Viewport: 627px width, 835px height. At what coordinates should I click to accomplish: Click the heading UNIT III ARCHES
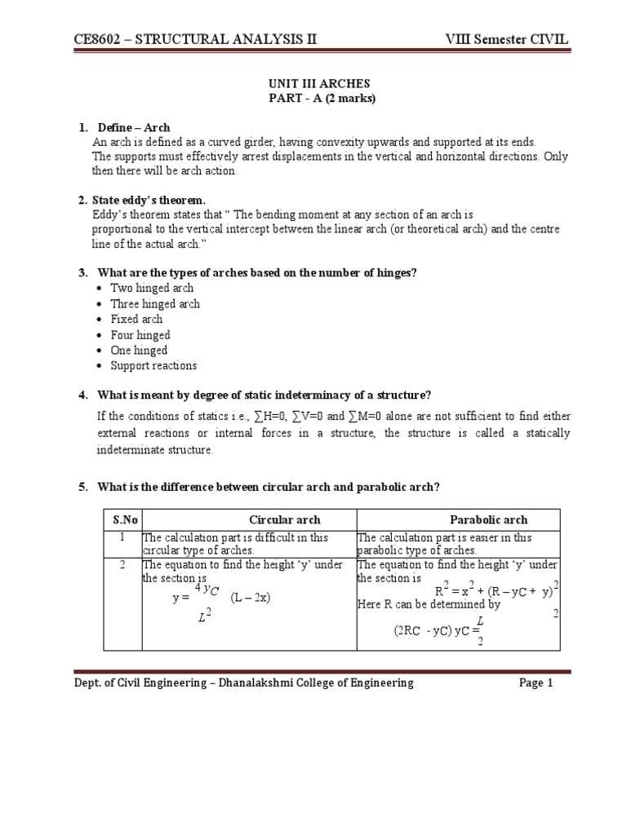coord(313,84)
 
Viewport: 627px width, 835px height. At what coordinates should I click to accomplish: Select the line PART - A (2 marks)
coord(313,99)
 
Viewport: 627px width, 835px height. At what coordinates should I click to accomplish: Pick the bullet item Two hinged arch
coord(152,289)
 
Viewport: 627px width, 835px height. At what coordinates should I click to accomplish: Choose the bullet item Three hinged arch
coord(155,304)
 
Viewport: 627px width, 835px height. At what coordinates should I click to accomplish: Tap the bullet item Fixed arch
coord(136,320)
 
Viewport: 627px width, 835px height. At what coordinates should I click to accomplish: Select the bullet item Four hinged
coord(140,335)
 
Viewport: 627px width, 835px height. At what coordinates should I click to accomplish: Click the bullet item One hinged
coord(139,351)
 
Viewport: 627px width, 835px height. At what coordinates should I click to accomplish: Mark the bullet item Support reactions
coord(153,366)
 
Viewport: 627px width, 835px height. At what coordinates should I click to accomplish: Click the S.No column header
coord(122,519)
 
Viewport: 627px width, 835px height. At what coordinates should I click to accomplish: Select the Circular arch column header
coord(284,519)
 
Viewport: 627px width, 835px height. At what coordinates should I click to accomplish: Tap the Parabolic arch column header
coord(488,519)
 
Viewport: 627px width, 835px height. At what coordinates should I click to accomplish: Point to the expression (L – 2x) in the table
coord(250,598)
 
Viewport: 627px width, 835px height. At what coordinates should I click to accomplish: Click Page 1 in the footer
coord(536,683)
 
